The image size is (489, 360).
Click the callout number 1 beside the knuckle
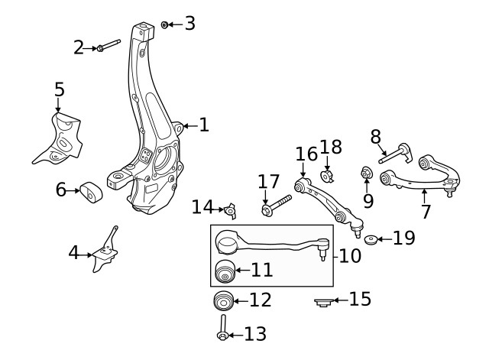coord(203,125)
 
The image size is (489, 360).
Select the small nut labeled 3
coord(164,25)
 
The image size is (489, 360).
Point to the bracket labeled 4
coord(104,252)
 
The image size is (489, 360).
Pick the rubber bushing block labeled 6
coord(92,192)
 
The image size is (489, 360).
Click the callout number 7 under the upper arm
coord(426,211)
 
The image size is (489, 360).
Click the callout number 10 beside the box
coord(350,255)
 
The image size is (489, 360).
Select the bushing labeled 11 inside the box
coord(225,271)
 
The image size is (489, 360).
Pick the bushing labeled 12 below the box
coord(222,300)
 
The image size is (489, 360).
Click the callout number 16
coord(306,154)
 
